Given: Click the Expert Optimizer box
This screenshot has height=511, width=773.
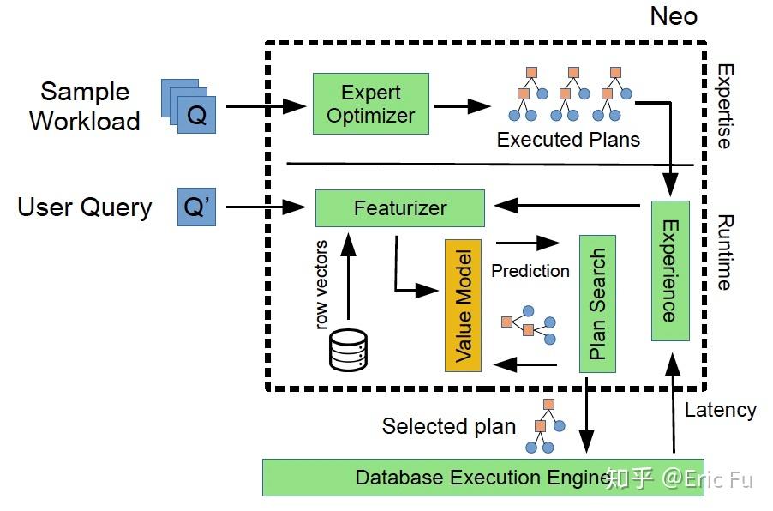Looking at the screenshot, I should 370,104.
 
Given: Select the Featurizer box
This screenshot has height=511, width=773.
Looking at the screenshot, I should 400,208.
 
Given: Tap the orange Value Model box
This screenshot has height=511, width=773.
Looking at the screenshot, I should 464,305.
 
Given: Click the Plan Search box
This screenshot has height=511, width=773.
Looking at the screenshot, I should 597,304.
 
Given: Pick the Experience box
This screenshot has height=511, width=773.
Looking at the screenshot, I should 670,270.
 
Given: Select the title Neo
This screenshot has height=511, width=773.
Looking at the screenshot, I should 673,16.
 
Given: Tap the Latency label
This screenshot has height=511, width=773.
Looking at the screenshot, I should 720,410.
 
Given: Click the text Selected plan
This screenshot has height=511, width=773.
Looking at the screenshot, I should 448,426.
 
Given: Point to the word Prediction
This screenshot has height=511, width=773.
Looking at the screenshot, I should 530,271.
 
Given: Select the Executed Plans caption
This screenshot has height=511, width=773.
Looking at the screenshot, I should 567,140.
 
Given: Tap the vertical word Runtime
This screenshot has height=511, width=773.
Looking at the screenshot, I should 725,251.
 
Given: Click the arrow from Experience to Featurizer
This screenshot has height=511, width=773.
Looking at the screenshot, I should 566,206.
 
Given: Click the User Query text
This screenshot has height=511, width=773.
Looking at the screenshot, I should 84,207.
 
